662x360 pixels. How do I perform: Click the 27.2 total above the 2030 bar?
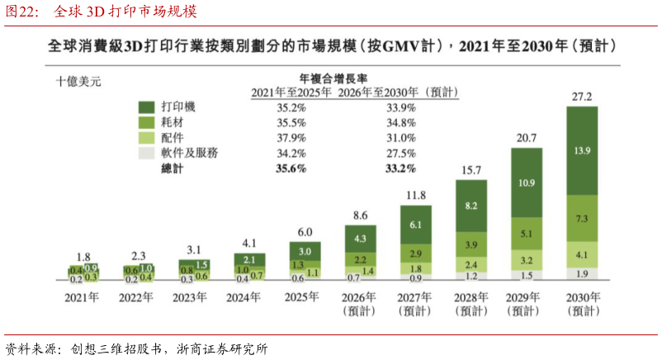coord(582,97)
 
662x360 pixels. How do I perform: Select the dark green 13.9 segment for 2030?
coord(582,151)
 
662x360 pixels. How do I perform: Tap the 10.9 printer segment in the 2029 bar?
coord(527,183)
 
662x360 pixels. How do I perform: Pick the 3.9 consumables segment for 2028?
coord(471,244)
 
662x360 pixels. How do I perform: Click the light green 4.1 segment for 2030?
coord(582,255)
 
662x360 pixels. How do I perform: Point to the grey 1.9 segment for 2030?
coord(582,274)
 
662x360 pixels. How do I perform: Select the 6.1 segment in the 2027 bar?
coord(416,225)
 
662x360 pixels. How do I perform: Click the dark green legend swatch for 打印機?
coord(146,107)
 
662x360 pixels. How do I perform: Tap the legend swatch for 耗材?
coord(146,122)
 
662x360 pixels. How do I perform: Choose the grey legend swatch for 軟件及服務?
coord(146,153)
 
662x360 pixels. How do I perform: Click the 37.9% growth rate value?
coord(291,138)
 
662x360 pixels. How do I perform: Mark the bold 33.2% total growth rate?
coord(400,168)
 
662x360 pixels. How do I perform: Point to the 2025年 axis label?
coord(301,297)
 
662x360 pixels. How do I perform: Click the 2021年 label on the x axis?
coord(82,297)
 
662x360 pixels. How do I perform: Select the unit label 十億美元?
coord(78,81)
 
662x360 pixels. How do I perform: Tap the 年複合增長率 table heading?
coord(333,78)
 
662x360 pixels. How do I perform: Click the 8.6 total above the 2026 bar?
coord(360,216)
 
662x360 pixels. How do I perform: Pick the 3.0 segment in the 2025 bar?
coord(305,251)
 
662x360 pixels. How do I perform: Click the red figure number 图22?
coord(22,12)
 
